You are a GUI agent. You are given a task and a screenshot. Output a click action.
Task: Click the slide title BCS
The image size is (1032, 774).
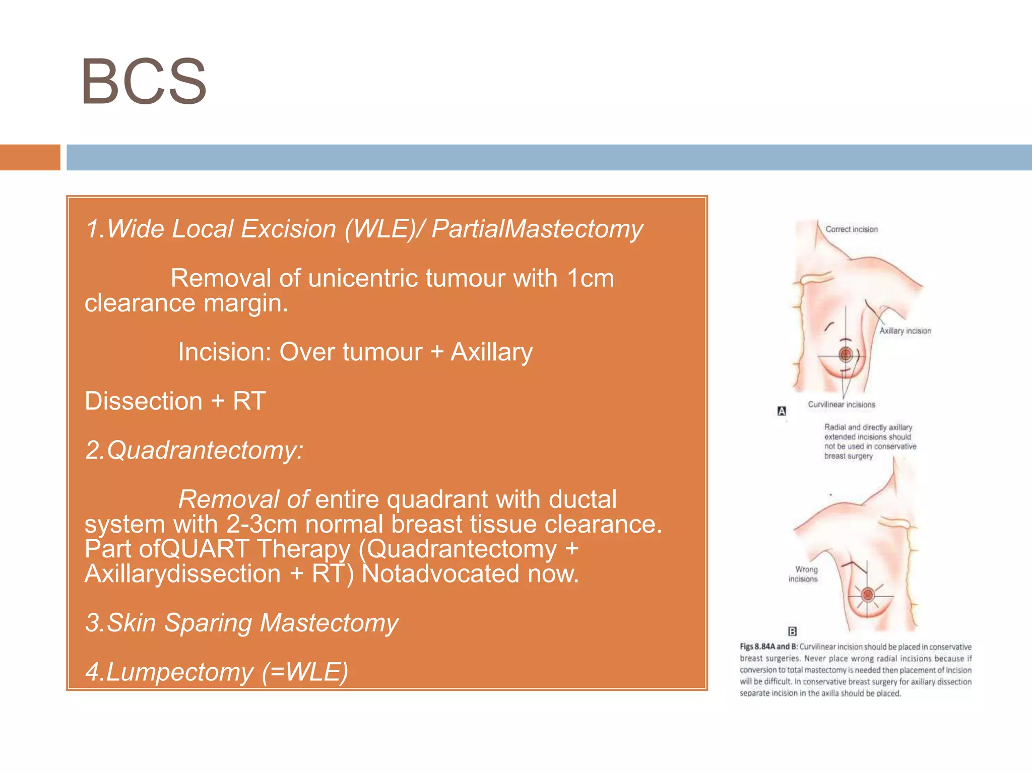point(144,82)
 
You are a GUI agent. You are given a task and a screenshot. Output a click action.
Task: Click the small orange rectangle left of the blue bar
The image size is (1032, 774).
point(30,157)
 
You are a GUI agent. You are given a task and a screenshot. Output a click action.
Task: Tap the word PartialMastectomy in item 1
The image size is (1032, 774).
point(537,229)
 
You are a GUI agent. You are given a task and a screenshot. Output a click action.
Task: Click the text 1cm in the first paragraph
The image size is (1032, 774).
point(590,278)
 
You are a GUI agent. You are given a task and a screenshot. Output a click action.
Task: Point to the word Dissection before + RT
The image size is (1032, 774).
point(144,401)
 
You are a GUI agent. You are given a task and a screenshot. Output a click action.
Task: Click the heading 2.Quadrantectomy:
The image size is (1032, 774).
point(195,450)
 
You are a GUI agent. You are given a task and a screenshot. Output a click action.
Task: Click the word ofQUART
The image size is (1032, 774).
point(194,549)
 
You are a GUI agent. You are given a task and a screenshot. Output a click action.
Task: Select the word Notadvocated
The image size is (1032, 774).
point(440,573)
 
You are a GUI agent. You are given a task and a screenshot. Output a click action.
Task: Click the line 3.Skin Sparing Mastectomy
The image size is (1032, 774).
point(242,623)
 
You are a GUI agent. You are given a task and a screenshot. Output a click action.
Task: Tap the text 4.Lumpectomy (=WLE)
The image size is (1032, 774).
point(217,672)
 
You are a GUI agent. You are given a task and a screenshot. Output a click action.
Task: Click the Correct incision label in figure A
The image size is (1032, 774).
point(851,229)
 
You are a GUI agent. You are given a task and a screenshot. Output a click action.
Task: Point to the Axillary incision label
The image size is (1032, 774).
point(905,331)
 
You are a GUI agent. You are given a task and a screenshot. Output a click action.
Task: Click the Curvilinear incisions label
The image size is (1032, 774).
point(842,405)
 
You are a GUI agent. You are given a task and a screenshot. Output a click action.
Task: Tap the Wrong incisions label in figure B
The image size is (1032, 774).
point(803,574)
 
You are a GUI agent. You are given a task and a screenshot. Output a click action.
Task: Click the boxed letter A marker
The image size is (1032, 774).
point(782,411)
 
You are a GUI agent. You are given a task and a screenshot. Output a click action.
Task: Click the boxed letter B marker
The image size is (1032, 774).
point(792,631)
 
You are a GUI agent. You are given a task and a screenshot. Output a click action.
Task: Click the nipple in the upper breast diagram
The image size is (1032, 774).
point(846,355)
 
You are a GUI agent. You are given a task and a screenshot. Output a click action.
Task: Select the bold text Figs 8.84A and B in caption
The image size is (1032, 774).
point(768,647)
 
